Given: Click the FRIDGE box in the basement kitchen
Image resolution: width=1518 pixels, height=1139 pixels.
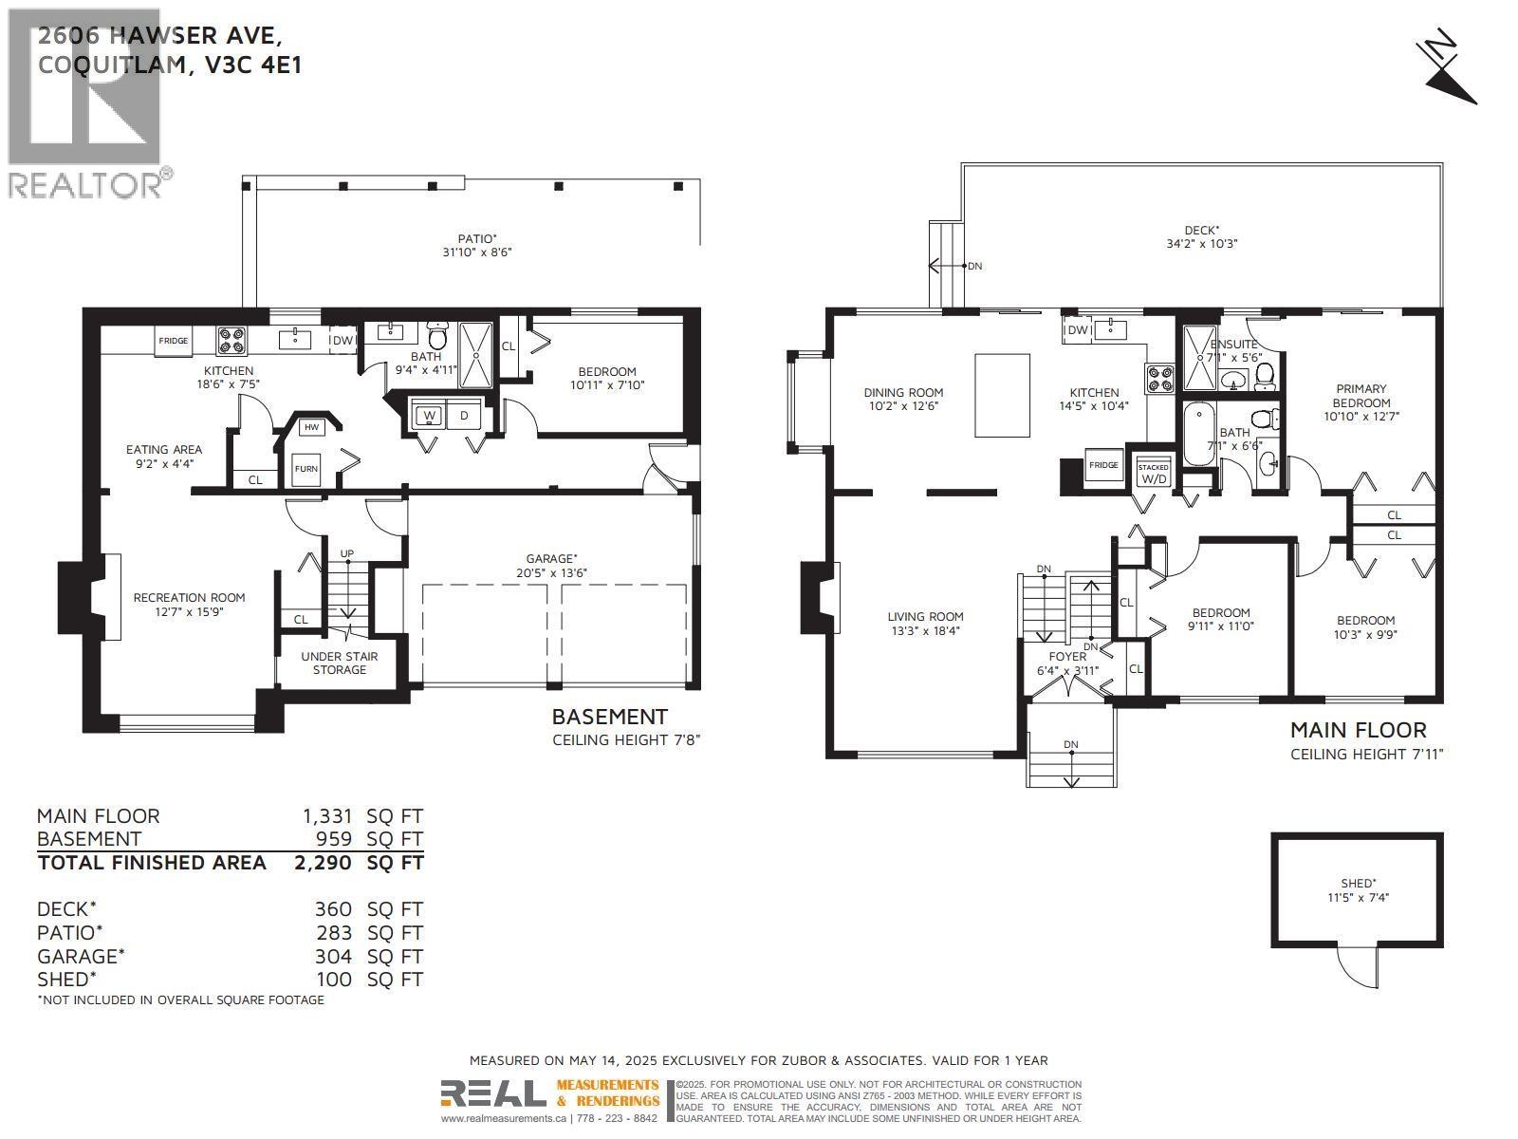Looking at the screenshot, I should coord(174,341).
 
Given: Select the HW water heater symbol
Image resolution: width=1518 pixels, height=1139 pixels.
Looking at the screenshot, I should coord(310,427).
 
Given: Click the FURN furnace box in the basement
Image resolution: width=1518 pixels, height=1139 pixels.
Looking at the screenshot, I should coord(305,469).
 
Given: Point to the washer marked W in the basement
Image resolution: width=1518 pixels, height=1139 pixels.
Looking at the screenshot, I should coord(430,416).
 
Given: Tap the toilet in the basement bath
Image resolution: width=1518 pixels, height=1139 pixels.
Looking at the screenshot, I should coord(438,337).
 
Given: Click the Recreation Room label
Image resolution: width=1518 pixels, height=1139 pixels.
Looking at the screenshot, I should coord(189,597).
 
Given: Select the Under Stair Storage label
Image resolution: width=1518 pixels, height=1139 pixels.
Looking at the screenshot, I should coord(340,663).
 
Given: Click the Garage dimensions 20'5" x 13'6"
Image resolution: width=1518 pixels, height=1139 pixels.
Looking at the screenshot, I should coord(551,573).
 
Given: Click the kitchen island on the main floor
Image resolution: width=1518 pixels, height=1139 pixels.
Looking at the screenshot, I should coord(1003,395).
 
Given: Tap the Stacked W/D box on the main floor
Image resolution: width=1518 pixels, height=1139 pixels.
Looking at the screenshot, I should coord(1154,473).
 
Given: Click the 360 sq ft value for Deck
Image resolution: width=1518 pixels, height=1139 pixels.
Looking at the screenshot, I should coord(333,909).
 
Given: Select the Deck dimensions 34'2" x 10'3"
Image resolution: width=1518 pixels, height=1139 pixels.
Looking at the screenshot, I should coord(1202,243).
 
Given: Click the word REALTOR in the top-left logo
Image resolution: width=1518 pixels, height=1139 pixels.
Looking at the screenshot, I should coord(85,184).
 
